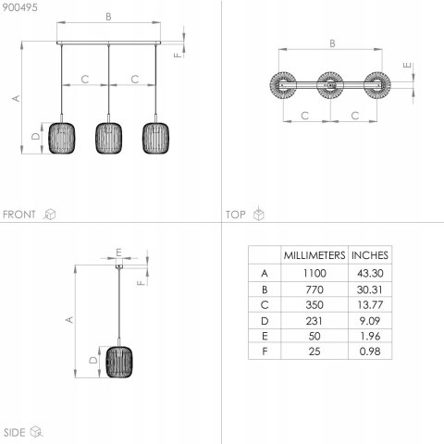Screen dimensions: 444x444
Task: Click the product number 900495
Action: [20, 7]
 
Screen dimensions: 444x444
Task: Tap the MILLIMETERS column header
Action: [314, 255]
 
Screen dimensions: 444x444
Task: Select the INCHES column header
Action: [370, 255]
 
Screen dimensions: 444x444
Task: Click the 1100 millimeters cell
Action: [314, 273]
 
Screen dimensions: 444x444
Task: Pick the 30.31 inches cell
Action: [370, 290]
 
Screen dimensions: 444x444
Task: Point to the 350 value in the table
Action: [314, 305]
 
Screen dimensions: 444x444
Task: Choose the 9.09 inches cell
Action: [370, 321]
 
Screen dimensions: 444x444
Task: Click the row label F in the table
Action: [265, 351]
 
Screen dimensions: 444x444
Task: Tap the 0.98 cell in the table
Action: [370, 351]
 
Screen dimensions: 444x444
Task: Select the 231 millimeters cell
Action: [314, 321]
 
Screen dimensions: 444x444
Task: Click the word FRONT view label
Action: [19, 215]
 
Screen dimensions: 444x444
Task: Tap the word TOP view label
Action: [236, 215]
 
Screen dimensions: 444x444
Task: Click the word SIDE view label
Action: [15, 432]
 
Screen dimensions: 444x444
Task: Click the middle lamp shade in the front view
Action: [108, 138]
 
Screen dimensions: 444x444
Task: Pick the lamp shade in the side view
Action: [119, 362]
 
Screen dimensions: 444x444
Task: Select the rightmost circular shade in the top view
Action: [377, 85]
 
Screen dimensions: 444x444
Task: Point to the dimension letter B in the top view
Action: [332, 43]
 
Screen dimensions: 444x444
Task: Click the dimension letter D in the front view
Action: [36, 136]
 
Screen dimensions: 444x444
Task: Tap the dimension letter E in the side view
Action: [118, 253]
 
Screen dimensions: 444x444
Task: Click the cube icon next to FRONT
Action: [50, 214]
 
